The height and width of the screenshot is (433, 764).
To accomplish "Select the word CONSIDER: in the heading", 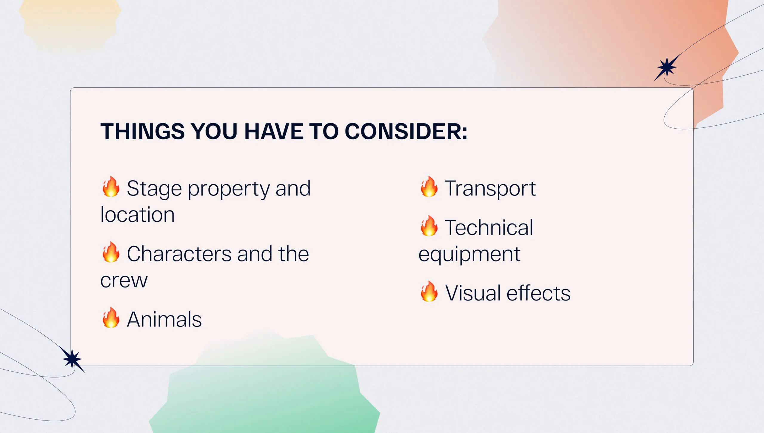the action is [x=406, y=131].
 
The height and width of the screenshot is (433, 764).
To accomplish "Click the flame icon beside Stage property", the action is [x=111, y=187].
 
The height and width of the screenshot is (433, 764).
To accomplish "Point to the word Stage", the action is [x=154, y=189].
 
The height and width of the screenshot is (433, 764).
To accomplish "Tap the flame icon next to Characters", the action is [x=111, y=252].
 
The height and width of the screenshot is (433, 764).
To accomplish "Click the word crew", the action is [x=124, y=281].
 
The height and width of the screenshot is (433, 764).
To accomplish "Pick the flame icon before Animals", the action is [x=111, y=318].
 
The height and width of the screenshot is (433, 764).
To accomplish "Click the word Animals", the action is [x=164, y=319].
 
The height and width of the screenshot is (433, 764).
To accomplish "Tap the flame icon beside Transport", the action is [x=429, y=187].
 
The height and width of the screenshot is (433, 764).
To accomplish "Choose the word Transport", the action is [x=490, y=189].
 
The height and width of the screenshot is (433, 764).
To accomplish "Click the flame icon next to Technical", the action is [x=429, y=226].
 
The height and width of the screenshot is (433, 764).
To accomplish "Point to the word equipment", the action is [x=469, y=255].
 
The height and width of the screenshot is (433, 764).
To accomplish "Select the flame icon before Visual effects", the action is [x=429, y=292].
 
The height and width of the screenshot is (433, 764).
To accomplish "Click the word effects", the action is [x=539, y=293].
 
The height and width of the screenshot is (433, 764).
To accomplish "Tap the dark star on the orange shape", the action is [x=667, y=67].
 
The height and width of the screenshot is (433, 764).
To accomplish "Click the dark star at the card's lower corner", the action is [x=72, y=359].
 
